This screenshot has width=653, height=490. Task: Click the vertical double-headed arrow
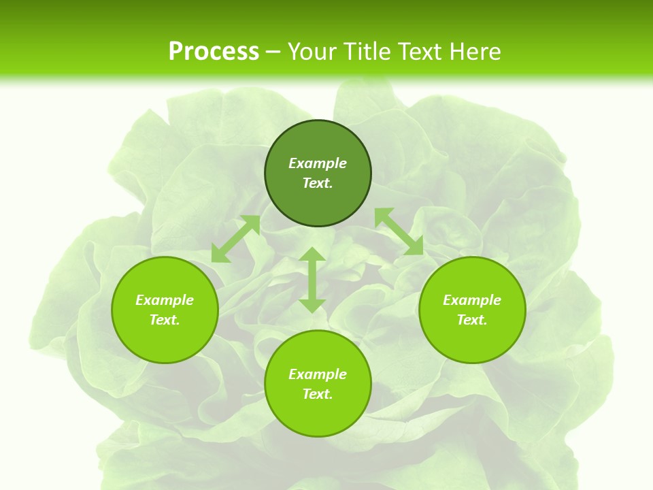[x=312, y=280]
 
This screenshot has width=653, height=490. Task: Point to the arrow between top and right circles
[x=399, y=231]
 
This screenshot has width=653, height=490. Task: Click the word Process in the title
[x=214, y=52]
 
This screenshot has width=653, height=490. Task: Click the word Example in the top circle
[x=318, y=163]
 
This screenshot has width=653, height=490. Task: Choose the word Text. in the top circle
[x=318, y=183]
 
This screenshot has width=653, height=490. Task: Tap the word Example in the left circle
[x=165, y=300]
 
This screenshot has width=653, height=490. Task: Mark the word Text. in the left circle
[x=165, y=320]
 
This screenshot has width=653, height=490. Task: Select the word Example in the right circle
[x=472, y=300]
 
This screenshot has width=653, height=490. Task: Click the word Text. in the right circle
[x=472, y=320]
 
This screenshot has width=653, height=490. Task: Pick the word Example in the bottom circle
[x=318, y=374]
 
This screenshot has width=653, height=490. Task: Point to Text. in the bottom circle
[x=318, y=394]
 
